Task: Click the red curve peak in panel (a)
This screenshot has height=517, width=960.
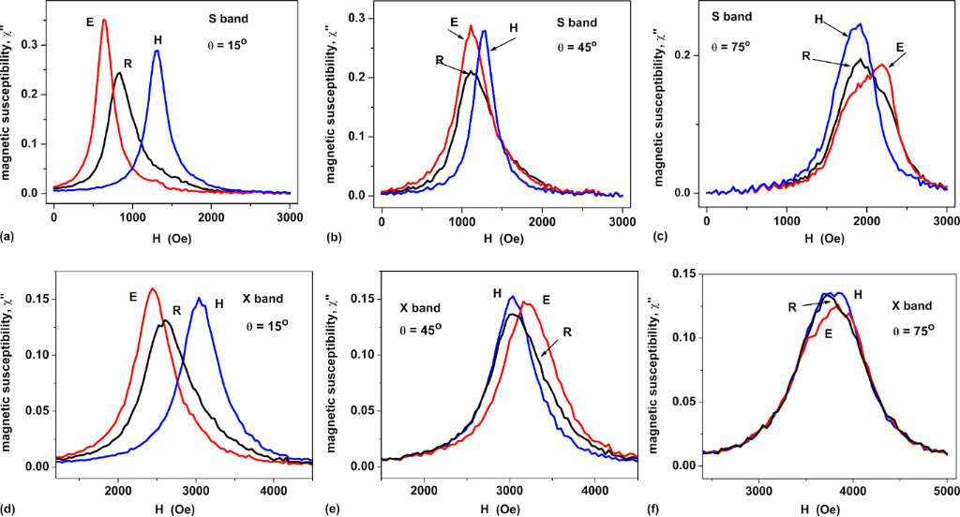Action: [104, 20]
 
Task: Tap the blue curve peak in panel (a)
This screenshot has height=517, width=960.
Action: [157, 51]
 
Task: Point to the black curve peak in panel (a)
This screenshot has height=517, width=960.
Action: [119, 73]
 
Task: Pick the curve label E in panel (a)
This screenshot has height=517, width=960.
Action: [90, 19]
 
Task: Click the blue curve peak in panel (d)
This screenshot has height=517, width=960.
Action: [199, 299]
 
